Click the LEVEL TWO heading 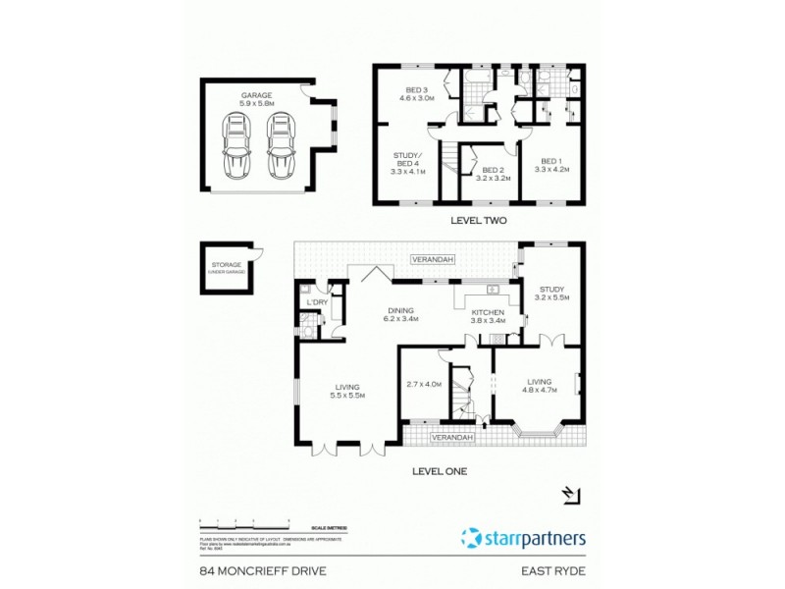[x=478, y=220]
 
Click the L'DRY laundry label [x=317, y=303]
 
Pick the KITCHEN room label [x=488, y=314]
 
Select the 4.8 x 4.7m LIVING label [x=541, y=385]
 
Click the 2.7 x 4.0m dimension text [x=423, y=384]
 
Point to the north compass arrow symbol [x=569, y=494]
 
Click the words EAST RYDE [x=554, y=569]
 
